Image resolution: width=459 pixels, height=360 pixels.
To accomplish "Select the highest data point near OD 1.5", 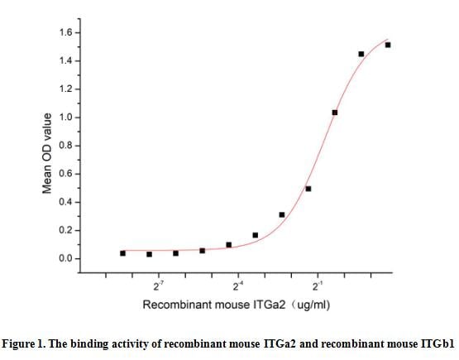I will coord(388,45).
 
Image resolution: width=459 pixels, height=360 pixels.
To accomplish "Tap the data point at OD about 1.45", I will coord(361,54).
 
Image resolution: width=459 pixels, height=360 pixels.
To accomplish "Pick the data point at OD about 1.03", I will coord(335,113).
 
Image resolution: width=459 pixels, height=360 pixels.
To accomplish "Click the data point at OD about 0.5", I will coord(308,189).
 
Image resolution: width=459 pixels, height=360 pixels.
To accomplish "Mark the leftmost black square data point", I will coord(122,253).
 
